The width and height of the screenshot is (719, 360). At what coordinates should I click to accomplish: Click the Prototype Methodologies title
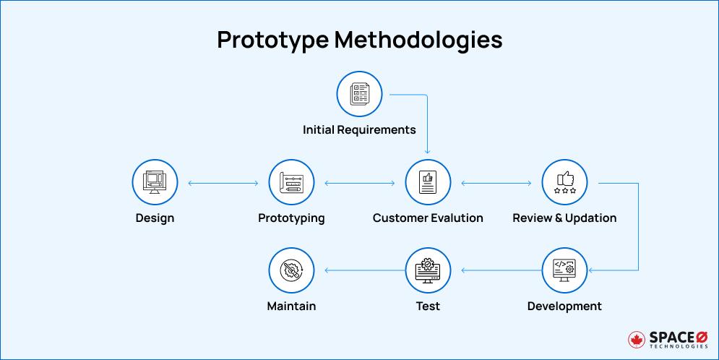click(x=359, y=40)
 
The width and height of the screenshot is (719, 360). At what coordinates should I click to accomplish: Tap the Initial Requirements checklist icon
click(x=359, y=95)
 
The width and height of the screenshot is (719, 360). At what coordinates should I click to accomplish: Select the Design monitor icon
click(x=155, y=183)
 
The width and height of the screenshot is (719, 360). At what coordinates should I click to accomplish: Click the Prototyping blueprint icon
click(x=291, y=183)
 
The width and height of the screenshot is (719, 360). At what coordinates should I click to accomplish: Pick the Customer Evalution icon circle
click(x=428, y=183)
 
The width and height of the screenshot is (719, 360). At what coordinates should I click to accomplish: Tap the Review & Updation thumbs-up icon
click(x=564, y=183)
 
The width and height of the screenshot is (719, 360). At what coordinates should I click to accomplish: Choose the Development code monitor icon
click(x=564, y=270)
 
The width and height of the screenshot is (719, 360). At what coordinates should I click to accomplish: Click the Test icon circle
click(x=428, y=270)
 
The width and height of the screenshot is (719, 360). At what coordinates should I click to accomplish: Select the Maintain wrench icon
click(x=291, y=270)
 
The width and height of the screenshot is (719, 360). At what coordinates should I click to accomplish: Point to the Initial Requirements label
click(x=359, y=130)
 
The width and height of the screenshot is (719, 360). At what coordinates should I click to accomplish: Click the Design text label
click(x=155, y=218)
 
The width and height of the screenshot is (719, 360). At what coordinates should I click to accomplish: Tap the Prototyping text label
click(x=291, y=218)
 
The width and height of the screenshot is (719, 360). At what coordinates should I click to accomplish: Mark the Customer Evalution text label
click(x=428, y=218)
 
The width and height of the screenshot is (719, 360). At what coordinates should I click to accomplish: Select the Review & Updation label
click(x=564, y=218)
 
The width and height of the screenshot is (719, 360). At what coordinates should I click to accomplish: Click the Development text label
click(x=564, y=306)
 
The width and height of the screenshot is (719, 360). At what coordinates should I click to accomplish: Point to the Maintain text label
click(x=291, y=306)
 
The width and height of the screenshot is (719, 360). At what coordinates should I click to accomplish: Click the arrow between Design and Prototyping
click(x=223, y=184)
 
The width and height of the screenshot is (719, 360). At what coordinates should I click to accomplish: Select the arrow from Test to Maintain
click(x=359, y=271)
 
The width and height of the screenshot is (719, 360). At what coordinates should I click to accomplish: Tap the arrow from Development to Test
click(x=496, y=271)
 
